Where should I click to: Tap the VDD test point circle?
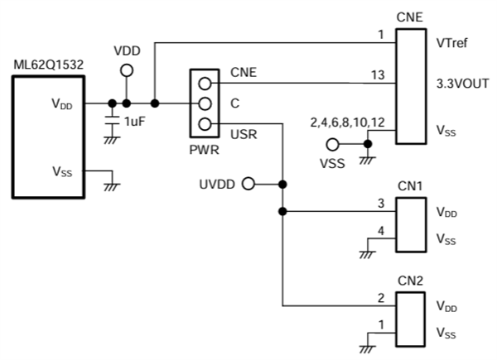(126, 71)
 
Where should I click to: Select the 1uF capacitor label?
(136, 122)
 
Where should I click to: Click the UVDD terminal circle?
(247, 184)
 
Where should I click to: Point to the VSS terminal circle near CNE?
(332, 143)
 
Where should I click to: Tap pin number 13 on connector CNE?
(378, 75)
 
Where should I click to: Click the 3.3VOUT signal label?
(460, 84)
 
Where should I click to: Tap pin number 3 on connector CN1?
(380, 204)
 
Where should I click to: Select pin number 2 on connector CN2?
(380, 297)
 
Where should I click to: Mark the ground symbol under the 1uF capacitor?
(110, 141)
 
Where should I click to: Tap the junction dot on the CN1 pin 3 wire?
(282, 212)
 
